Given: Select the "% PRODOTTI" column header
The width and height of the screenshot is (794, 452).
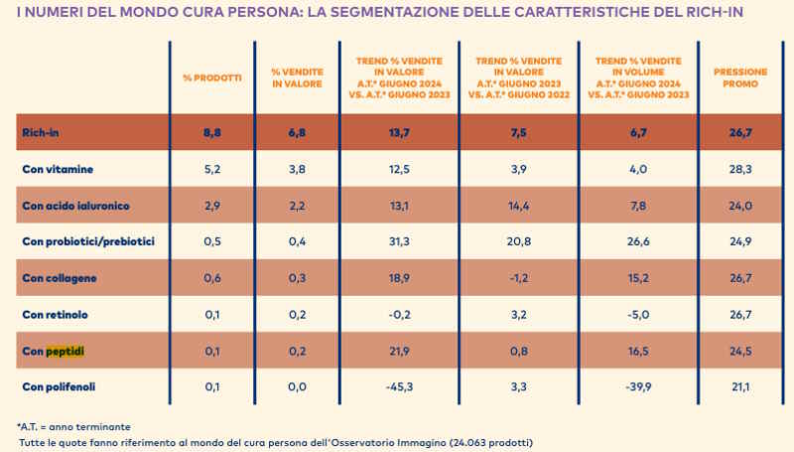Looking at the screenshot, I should pyautogui.click(x=211, y=77).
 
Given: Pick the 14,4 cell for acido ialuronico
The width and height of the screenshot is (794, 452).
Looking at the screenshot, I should pyautogui.click(x=519, y=206).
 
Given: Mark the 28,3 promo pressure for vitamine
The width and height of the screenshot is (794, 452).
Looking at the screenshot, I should pyautogui.click(x=740, y=169).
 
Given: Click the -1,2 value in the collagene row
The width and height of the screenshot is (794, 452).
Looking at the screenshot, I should pyautogui.click(x=519, y=278).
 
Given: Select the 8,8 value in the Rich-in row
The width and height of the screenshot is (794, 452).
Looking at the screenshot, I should pyautogui.click(x=211, y=132).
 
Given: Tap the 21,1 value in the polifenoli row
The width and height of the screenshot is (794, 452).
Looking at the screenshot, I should pyautogui.click(x=740, y=386).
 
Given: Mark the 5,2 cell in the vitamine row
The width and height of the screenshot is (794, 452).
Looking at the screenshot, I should pyautogui.click(x=211, y=169).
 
